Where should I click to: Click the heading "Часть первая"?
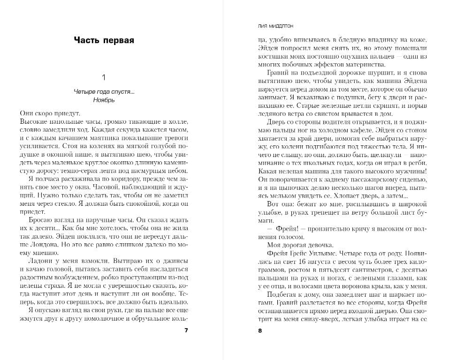coord(104,40)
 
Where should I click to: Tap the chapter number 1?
coord(104,77)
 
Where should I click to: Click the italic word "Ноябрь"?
coord(104,100)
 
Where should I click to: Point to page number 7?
coord(186,330)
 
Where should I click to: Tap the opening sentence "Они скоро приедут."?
coord(51,113)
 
